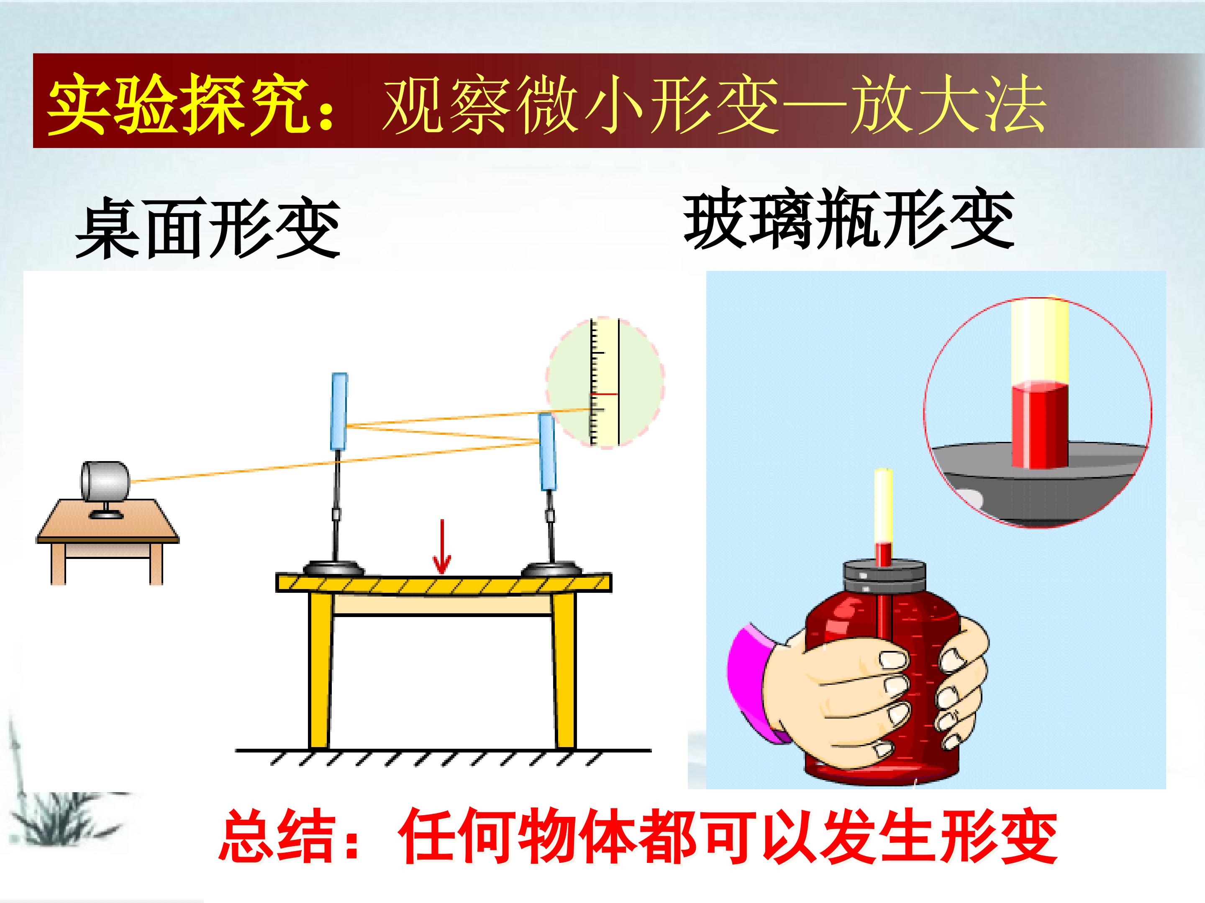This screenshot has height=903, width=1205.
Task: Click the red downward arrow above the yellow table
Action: [x=441, y=546]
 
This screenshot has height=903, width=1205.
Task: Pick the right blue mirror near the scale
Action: [x=547, y=452]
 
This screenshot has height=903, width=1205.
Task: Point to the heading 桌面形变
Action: [x=208, y=228]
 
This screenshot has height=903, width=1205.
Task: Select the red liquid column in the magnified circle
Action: [x=1039, y=425]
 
